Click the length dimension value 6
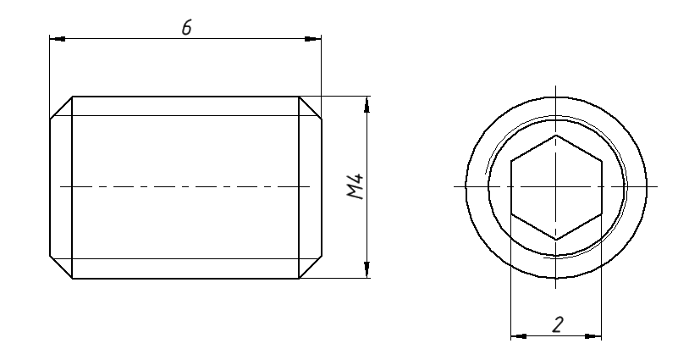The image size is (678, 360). pos(186,26)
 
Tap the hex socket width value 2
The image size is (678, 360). pos(556,324)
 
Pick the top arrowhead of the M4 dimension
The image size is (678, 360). pos(366,103)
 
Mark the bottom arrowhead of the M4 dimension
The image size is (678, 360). pos(366,270)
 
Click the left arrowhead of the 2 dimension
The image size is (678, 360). pos(518,336)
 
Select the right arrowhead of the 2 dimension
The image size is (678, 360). pos(593,336)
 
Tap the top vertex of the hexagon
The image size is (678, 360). pos(556,134)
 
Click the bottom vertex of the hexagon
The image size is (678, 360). pos(556,240)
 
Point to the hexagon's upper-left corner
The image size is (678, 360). pos(511,160)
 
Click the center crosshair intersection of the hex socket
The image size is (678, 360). pos(556,186)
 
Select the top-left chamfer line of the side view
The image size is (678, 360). pos(61,107)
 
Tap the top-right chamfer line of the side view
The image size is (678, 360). pos(311,107)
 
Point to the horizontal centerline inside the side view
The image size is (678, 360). pos(186,186)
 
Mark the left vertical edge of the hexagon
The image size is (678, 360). pos(511,186)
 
